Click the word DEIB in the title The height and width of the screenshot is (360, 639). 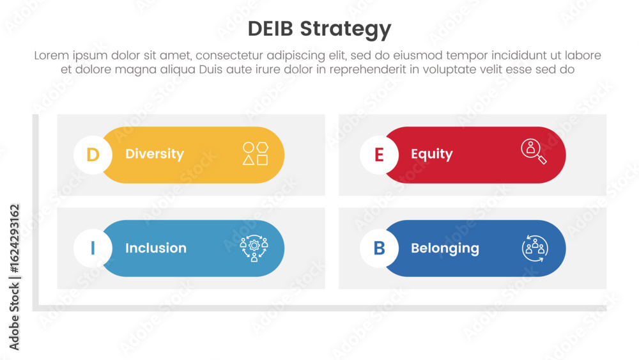coord(270,29)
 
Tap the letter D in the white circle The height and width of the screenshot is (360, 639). coord(93,155)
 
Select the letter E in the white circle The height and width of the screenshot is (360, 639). coord(379,155)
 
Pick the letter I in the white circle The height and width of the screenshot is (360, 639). coord(93,248)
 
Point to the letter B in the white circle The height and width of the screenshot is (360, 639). coord(379,248)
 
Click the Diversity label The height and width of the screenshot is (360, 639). coord(155,154)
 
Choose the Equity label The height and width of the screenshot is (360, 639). coord(431,154)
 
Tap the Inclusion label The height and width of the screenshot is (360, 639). coord(156,248)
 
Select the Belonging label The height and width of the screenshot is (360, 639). coord(445,248)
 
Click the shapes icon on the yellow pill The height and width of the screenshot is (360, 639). coord(256,153)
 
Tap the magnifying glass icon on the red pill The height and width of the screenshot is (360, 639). coord(534,152)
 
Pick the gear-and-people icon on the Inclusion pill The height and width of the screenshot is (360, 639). coord(254,248)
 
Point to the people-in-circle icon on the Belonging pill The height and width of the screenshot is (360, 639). coord(535,248)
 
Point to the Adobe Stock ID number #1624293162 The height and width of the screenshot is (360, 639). coord(14,239)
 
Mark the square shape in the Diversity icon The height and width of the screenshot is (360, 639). coord(263,160)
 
